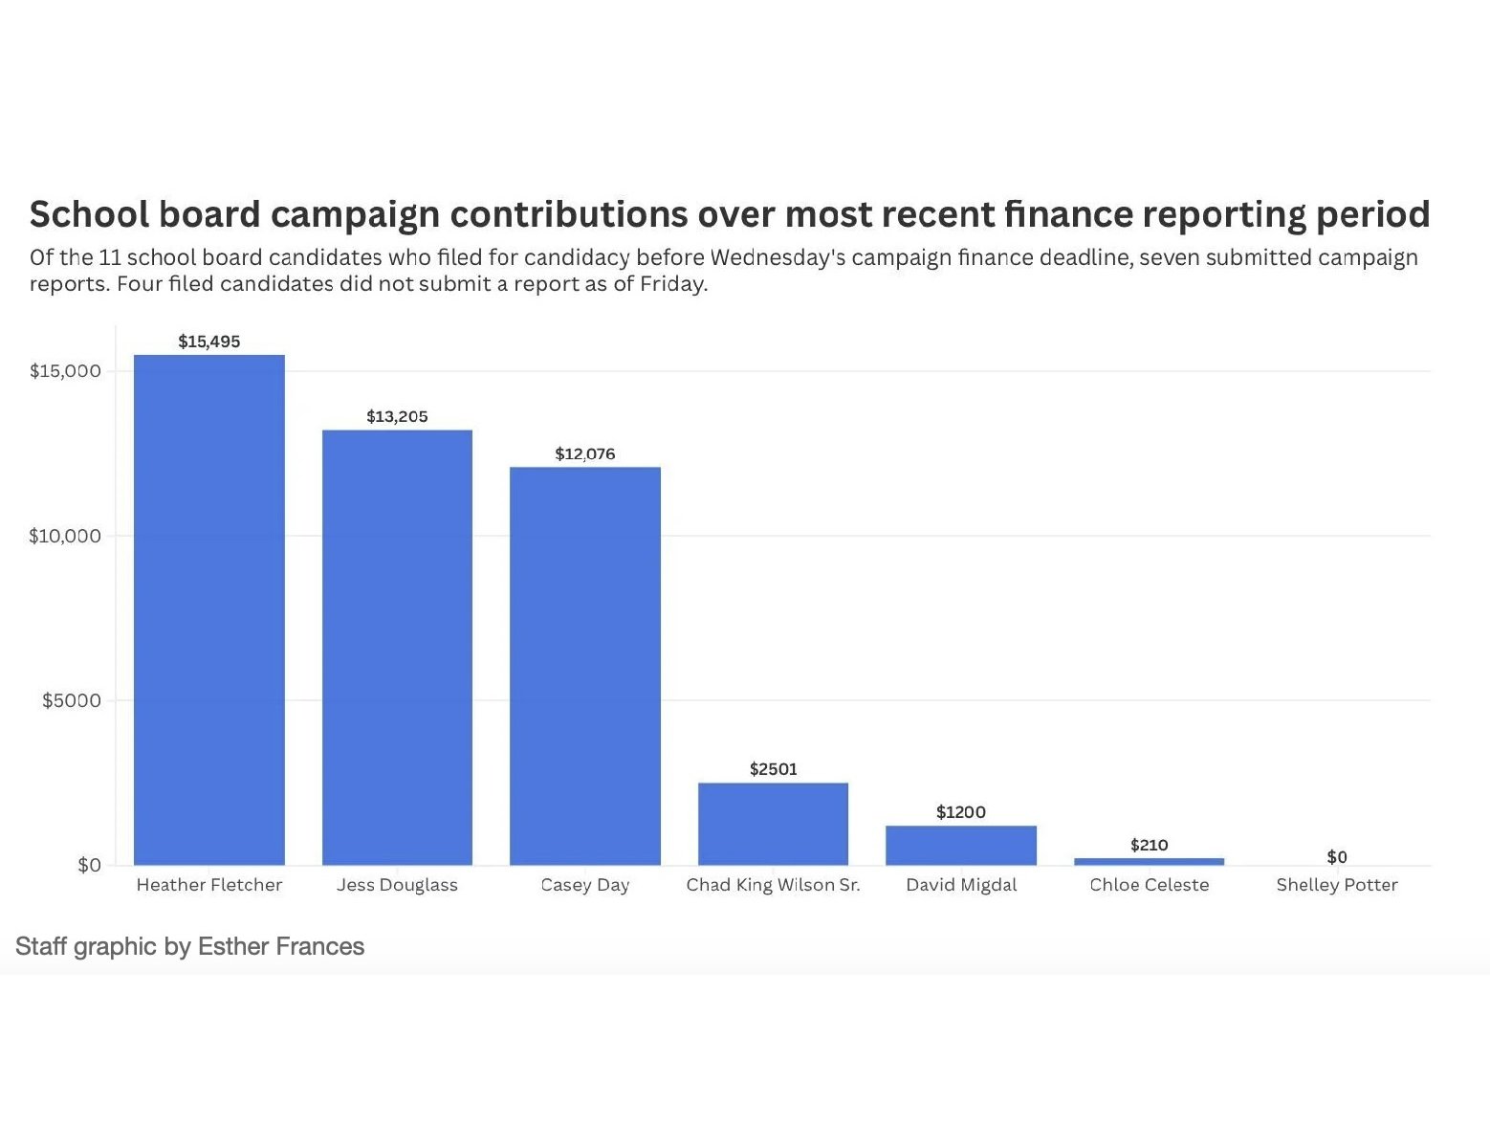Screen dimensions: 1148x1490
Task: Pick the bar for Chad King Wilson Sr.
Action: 773,824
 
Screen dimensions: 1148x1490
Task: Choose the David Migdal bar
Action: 961,845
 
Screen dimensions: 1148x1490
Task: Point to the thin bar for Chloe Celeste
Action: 1149,861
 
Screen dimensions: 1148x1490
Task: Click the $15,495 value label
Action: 208,342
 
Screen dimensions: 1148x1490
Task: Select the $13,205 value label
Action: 397,416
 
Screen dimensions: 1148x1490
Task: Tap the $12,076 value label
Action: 585,453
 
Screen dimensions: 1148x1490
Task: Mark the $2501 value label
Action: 773,769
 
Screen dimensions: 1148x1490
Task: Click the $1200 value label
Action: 961,812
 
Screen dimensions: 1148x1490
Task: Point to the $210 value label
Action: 1149,845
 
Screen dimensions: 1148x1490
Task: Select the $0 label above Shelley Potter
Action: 1337,857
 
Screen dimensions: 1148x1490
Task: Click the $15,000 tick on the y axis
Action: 65,371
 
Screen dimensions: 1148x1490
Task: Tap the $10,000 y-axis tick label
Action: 65,536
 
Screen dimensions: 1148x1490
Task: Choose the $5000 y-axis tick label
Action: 72,700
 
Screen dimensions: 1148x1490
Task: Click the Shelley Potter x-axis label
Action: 1337,885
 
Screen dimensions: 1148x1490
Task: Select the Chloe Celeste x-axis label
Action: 1149,885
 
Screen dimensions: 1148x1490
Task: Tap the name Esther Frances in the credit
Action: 281,946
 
